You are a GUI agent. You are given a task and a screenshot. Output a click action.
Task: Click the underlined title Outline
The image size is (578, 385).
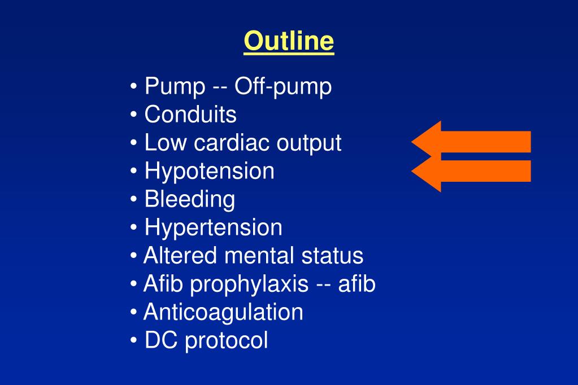point(289,42)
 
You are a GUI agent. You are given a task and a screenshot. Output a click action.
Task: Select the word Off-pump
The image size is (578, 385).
point(283,87)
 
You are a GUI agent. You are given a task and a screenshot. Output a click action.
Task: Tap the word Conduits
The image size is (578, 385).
point(190,115)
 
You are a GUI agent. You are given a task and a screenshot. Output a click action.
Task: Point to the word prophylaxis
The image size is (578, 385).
point(249,285)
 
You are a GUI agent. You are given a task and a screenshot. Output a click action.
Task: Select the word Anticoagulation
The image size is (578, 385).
point(223,312)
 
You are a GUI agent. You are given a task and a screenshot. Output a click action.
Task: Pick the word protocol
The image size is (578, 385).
point(227,341)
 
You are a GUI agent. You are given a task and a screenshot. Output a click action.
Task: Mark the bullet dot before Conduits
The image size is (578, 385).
point(133,115)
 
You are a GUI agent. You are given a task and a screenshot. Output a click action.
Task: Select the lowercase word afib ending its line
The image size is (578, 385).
point(357,284)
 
